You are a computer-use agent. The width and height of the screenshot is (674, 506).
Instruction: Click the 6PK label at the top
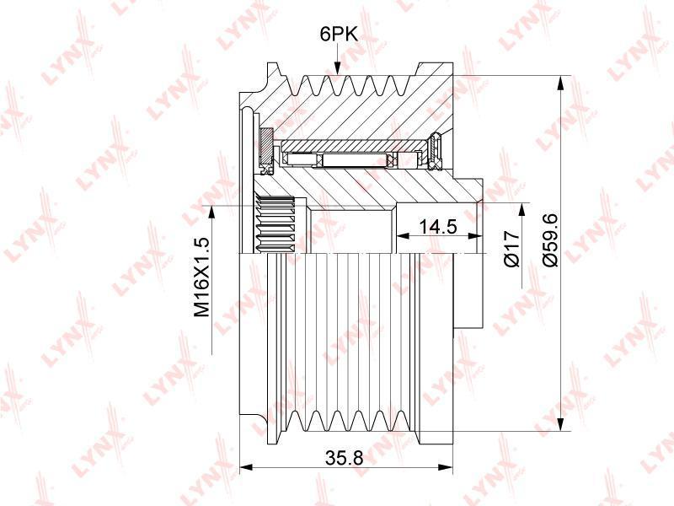(339, 34)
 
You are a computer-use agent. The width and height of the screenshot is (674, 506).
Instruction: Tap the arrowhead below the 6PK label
(337, 67)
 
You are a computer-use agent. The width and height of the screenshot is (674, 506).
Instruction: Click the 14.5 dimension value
(438, 226)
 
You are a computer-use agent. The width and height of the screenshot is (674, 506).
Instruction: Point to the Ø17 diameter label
(512, 249)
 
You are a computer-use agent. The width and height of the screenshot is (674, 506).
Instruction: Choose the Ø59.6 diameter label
(550, 240)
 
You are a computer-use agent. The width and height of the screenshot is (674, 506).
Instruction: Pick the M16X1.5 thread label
(201, 277)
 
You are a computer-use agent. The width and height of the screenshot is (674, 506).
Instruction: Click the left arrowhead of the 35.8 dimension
(245, 467)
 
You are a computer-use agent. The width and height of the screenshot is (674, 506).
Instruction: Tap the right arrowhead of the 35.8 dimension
(447, 467)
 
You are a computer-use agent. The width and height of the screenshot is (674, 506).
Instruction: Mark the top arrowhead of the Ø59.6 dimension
(560, 83)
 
